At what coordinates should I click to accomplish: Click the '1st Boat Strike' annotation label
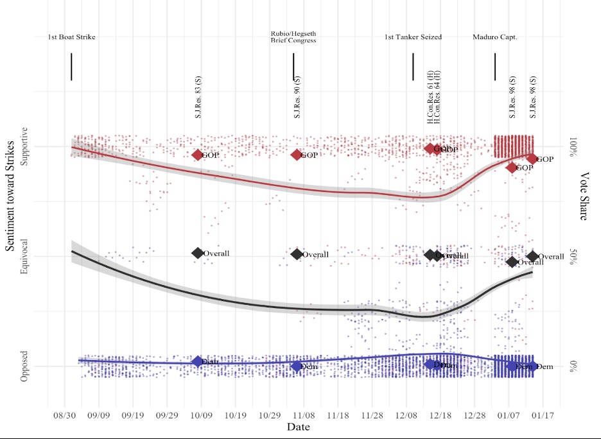71,37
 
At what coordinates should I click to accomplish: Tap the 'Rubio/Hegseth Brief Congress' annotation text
293,37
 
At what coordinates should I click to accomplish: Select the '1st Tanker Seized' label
413,37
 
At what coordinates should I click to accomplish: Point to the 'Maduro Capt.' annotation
495,37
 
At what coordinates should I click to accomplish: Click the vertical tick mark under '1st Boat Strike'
71,67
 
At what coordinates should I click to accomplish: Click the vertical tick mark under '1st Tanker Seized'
413,67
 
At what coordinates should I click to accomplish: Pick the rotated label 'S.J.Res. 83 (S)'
198,98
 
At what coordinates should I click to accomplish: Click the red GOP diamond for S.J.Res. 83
198,155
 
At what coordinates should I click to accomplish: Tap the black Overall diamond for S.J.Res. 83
198,253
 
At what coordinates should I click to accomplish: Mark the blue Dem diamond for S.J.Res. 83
198,362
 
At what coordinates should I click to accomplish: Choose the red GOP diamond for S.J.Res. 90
297,155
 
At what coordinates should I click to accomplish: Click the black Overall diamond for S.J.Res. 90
297,254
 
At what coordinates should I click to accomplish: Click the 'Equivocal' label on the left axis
25,257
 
